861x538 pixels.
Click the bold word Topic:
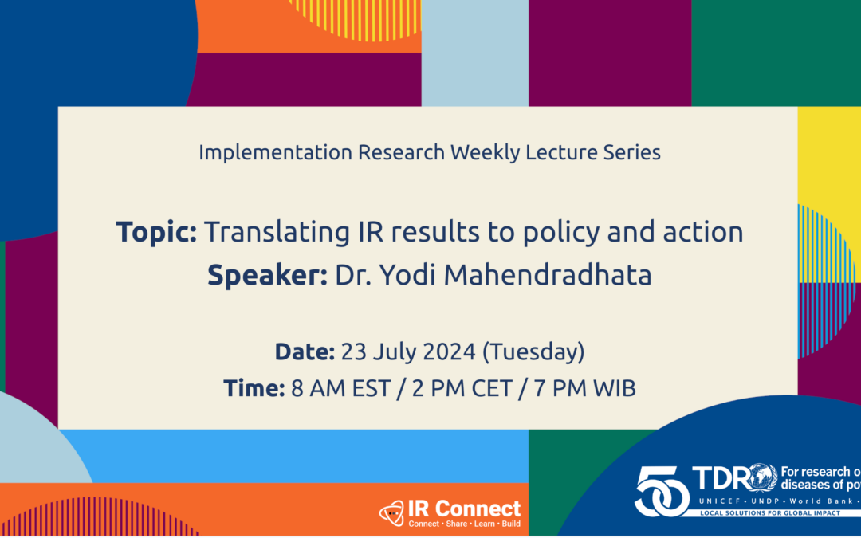[x=156, y=232]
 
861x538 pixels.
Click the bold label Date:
[x=305, y=351]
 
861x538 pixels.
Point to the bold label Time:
[x=254, y=389]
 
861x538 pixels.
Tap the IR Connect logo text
[x=465, y=508]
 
